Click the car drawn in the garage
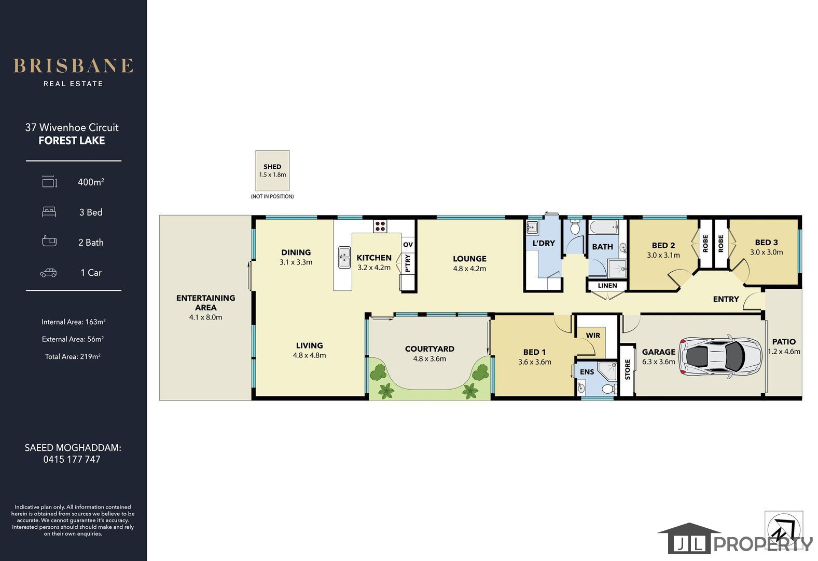(720, 356)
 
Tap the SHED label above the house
(272, 166)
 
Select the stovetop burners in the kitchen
(380, 226)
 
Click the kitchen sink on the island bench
(344, 257)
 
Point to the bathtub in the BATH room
(604, 227)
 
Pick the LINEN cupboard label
(607, 286)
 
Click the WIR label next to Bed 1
(593, 336)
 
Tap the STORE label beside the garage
(628, 369)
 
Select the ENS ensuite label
(587, 372)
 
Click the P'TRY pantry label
(408, 263)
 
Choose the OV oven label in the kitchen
(408, 244)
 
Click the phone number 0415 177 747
(72, 459)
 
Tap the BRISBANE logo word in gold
(73, 66)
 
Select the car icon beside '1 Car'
(48, 273)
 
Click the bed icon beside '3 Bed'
(49, 212)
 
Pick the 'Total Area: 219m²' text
(73, 356)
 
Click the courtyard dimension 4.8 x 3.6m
(429, 359)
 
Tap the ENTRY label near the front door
(726, 299)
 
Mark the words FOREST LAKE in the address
(72, 140)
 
